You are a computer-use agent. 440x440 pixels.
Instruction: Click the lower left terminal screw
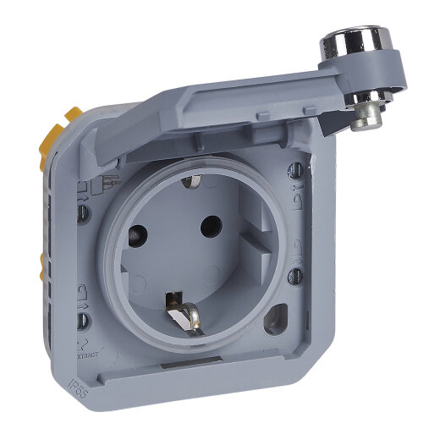coord(85,320)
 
